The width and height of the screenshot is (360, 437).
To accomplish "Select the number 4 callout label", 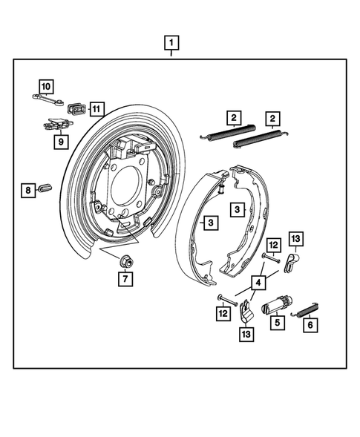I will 258,282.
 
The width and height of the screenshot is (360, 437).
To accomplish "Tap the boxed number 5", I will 277,323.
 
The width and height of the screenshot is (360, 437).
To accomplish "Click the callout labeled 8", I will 27,191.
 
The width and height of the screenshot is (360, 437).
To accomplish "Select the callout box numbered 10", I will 46,86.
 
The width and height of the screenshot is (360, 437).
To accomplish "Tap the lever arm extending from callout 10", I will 56,98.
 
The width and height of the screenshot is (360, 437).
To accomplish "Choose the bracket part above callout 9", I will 56,123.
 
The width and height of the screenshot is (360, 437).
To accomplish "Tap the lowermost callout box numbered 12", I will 223,314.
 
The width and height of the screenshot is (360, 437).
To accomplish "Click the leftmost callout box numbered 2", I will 233,117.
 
